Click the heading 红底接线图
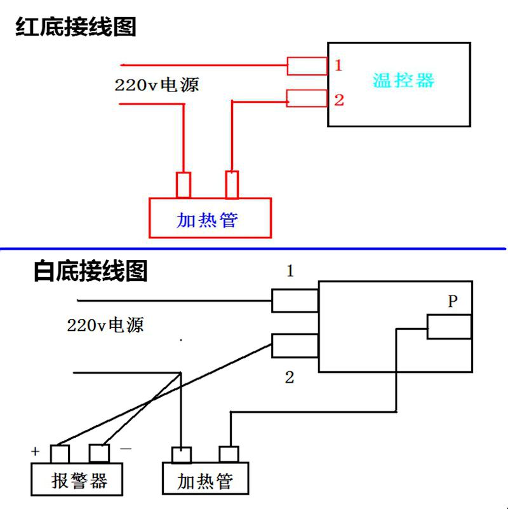pyautogui.click(x=76, y=27)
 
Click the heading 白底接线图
pyautogui.click(x=91, y=271)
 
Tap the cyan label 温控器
pyautogui.click(x=403, y=80)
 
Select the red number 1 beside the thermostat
pyautogui.click(x=338, y=65)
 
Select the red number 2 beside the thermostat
pyautogui.click(x=339, y=100)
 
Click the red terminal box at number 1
pyautogui.click(x=307, y=66)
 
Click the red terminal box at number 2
pyautogui.click(x=307, y=98)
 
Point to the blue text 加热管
pyautogui.click(x=207, y=220)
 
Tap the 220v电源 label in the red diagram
pyautogui.click(x=157, y=85)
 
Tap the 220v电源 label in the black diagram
pyautogui.click(x=105, y=325)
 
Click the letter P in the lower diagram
pyautogui.click(x=453, y=301)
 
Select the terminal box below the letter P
pyautogui.click(x=450, y=327)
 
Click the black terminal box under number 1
pyautogui.click(x=295, y=301)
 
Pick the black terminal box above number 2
pyautogui.click(x=295, y=346)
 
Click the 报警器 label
pyautogui.click(x=79, y=480)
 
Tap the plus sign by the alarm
pyautogui.click(x=36, y=451)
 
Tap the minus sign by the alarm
pyautogui.click(x=126, y=449)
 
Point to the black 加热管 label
pyautogui.click(x=205, y=481)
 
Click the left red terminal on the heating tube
pyautogui.click(x=184, y=185)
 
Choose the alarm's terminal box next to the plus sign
pyautogui.click(x=60, y=454)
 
